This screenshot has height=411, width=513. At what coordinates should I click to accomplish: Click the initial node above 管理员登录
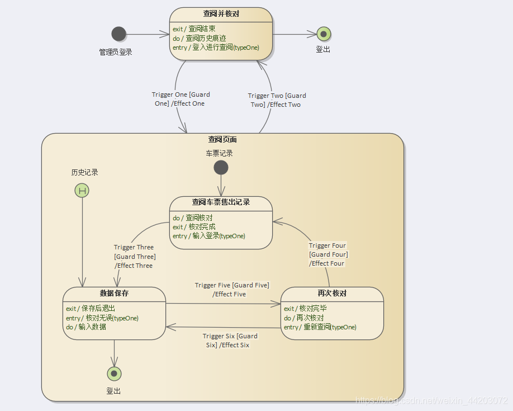(118, 34)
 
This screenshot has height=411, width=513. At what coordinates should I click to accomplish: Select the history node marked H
(82, 191)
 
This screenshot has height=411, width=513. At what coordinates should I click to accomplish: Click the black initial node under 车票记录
(221, 168)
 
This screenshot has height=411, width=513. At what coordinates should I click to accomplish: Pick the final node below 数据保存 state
(114, 374)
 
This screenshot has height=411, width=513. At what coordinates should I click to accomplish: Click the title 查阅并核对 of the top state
(221, 14)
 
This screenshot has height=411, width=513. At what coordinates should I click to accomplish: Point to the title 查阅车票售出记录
(221, 202)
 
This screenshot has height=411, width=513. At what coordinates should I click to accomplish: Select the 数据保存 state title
(114, 293)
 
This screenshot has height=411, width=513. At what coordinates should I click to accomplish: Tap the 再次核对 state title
(332, 293)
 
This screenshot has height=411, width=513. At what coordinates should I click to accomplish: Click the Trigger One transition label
(180, 99)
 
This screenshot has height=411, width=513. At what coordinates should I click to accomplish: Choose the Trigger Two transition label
(277, 100)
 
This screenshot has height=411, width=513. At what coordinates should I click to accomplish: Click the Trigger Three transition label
(134, 256)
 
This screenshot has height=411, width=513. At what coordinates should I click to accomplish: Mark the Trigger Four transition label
(328, 254)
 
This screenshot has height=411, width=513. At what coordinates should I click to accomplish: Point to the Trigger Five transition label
(231, 290)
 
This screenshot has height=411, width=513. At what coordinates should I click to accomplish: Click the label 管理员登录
(116, 52)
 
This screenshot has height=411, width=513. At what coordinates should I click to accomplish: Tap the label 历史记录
(84, 172)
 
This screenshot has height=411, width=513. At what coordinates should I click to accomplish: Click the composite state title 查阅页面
(222, 140)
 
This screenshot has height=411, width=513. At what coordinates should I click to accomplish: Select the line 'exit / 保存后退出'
(91, 308)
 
